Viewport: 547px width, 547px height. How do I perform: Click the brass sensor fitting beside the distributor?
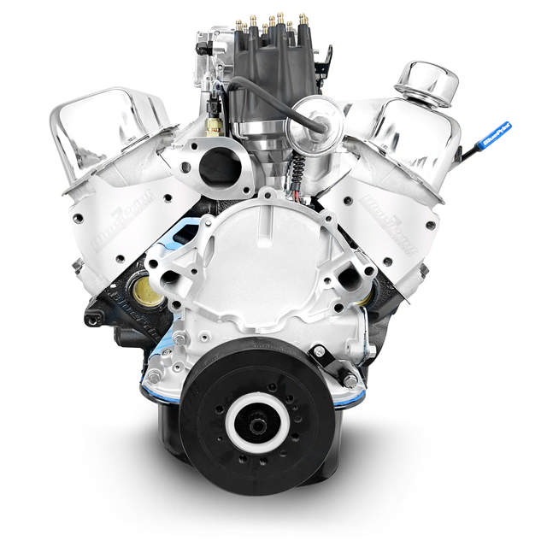coord(213,125)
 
